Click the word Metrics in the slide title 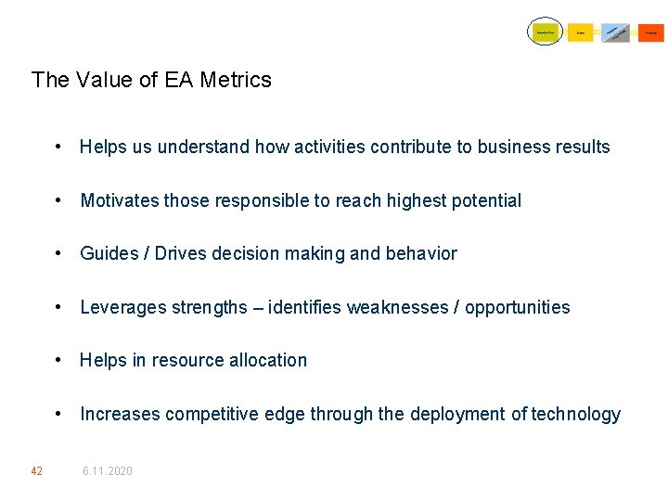point(236,80)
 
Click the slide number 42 point(36,471)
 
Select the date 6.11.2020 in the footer point(108,471)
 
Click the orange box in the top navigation point(651,32)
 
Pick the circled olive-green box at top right point(546,32)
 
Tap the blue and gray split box point(615,32)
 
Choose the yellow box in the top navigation point(580,32)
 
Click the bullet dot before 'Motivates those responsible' point(58,200)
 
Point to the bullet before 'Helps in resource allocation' point(58,360)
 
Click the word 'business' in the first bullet point(512,147)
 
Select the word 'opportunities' point(516,307)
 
